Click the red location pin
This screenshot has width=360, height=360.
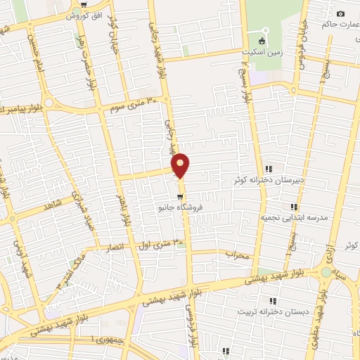tap(181, 165)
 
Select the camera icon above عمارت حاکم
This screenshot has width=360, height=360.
tap(340, 14)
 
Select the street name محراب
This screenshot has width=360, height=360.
tap(237, 256)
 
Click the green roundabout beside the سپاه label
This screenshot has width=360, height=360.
tap(326, 273)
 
